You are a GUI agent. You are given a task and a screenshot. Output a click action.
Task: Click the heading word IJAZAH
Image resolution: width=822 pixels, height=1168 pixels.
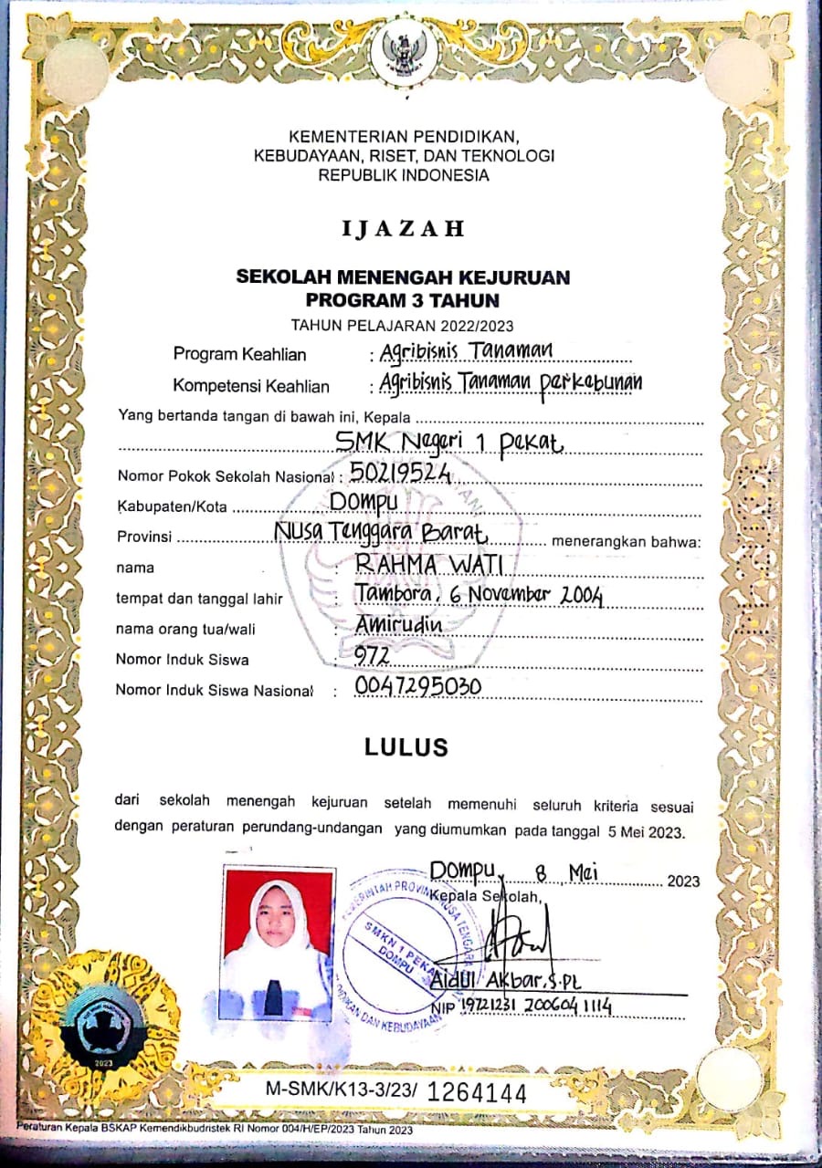pos(403,229)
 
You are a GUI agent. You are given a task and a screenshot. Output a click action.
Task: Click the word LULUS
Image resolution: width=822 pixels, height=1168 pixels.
pos(406,747)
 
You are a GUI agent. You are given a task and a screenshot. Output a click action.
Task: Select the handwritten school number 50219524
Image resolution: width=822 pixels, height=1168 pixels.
pos(401,473)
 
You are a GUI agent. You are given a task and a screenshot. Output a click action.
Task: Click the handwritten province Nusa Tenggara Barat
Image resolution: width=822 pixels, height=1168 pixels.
pos(381,532)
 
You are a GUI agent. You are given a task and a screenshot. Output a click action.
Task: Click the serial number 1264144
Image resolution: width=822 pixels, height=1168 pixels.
pos(477,1091)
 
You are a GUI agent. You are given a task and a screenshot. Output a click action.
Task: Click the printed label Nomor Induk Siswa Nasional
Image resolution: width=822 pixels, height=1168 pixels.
pos(214,690)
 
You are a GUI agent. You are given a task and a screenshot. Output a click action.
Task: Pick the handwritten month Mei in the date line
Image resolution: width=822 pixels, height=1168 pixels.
pos(582,873)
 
